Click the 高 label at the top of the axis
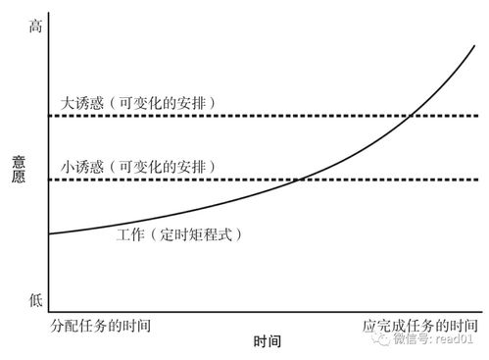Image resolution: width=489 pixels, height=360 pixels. (x=35, y=28)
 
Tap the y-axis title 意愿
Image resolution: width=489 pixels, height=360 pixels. (x=19, y=172)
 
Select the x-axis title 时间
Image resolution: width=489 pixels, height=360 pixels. (x=267, y=342)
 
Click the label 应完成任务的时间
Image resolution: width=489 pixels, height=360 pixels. (x=420, y=324)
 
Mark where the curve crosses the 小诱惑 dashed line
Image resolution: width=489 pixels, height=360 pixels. (x=300, y=180)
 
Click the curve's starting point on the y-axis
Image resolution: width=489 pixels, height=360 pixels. (x=48, y=233)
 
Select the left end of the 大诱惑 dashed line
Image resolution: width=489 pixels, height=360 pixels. (x=49, y=116)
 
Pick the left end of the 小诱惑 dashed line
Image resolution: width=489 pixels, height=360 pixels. (x=49, y=180)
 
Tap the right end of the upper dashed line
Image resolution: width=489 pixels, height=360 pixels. (x=476, y=116)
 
